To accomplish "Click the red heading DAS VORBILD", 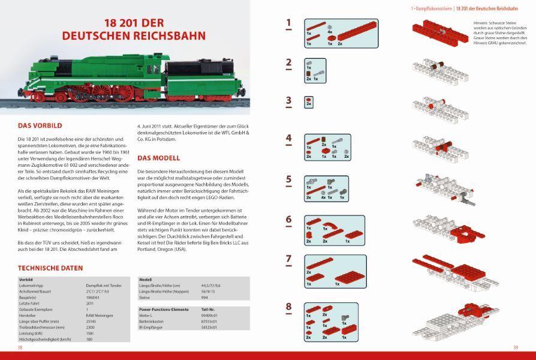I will tap(40, 127).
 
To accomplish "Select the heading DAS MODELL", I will tap(158, 158).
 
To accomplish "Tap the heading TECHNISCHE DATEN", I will tap(51, 268).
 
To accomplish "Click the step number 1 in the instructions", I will tap(288, 24).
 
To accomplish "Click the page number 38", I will tap(20, 347).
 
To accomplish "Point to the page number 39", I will tap(516, 347).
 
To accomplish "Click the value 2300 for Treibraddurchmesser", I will tap(91, 327).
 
